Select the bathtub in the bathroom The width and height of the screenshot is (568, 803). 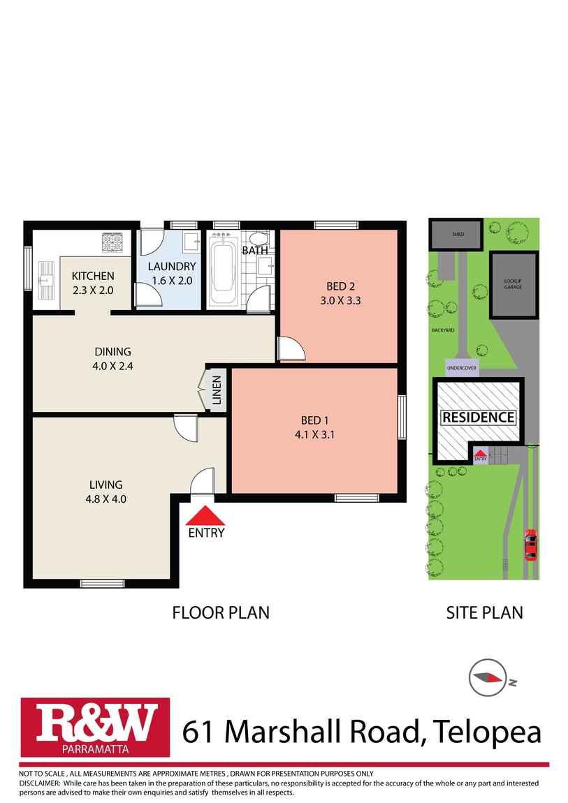point(224,269)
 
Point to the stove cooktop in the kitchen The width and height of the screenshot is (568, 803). point(113,242)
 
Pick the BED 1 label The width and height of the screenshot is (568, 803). point(314,420)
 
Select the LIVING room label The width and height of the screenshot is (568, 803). point(105,484)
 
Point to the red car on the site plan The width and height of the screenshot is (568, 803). point(530,545)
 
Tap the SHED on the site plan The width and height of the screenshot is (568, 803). point(456,234)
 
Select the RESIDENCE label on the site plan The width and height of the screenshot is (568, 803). point(479,418)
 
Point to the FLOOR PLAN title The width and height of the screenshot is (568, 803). point(221,612)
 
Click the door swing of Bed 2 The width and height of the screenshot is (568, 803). point(290,348)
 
